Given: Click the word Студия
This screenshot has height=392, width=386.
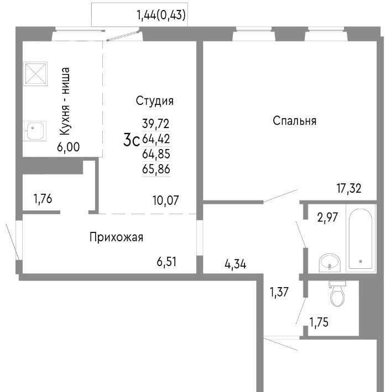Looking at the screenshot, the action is tap(154, 101).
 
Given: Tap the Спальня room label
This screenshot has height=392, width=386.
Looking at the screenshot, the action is tap(294, 121).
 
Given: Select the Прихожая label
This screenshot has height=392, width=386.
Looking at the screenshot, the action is tap(116, 237).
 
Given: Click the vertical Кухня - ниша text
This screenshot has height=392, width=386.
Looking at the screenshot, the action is tap(65, 102).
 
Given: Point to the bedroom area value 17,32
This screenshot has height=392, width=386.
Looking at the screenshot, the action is tap(349, 188).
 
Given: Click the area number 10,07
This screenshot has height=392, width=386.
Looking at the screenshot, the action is tap(165, 200).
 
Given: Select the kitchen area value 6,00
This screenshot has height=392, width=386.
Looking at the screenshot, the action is tap(69, 147).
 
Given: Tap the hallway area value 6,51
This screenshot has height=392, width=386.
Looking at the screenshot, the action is tap(166, 262).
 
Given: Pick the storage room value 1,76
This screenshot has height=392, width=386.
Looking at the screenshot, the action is tap(43, 199).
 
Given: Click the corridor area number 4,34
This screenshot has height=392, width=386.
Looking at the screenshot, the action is tap(236, 264).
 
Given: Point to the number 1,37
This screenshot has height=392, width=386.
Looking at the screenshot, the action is tap(279, 292).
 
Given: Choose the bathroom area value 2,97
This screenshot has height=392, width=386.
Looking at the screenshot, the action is tap(327, 218).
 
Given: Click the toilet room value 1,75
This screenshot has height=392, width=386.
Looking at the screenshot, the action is tap(319, 322).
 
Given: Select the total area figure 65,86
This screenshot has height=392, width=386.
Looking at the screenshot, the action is tap(156, 169).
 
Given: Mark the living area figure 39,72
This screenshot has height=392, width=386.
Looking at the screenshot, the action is tap(156, 124).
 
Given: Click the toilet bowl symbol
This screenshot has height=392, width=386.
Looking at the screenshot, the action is tap(337, 293).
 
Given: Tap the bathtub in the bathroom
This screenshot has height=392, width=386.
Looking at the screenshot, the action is tap(361, 238).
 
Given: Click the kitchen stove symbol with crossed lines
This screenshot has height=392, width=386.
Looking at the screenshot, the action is tap(35, 74).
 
